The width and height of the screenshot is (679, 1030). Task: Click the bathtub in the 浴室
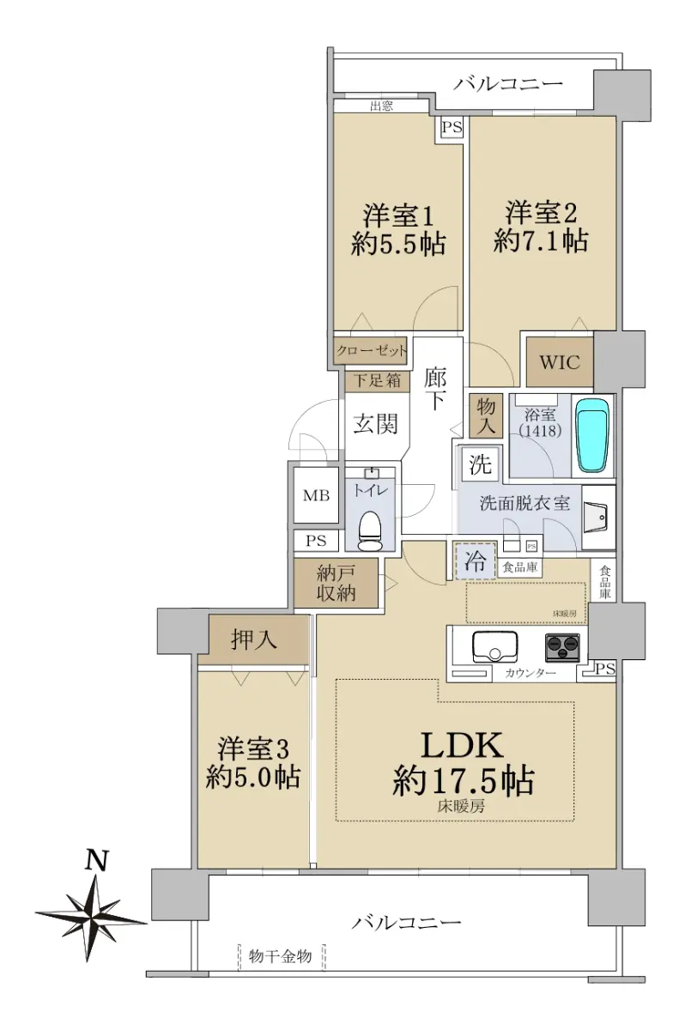(x=594, y=435)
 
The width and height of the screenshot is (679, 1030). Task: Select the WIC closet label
(x=560, y=362)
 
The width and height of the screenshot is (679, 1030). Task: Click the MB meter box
(x=316, y=495)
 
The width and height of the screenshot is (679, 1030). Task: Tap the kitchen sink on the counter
(x=495, y=646)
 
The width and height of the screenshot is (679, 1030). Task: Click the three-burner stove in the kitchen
(x=562, y=647)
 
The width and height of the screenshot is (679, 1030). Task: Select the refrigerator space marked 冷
(x=476, y=561)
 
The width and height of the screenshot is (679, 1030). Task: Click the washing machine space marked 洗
(x=481, y=464)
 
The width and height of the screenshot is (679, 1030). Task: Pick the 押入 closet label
(x=254, y=639)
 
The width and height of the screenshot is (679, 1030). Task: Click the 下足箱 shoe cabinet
(x=377, y=381)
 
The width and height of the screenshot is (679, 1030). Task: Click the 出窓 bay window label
(x=382, y=106)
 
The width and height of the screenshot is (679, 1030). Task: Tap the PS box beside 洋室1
(x=452, y=127)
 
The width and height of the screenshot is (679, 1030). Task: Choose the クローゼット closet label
(x=372, y=351)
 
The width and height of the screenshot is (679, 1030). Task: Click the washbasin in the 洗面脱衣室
(x=598, y=518)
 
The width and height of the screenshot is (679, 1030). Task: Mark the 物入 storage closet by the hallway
(x=486, y=416)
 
